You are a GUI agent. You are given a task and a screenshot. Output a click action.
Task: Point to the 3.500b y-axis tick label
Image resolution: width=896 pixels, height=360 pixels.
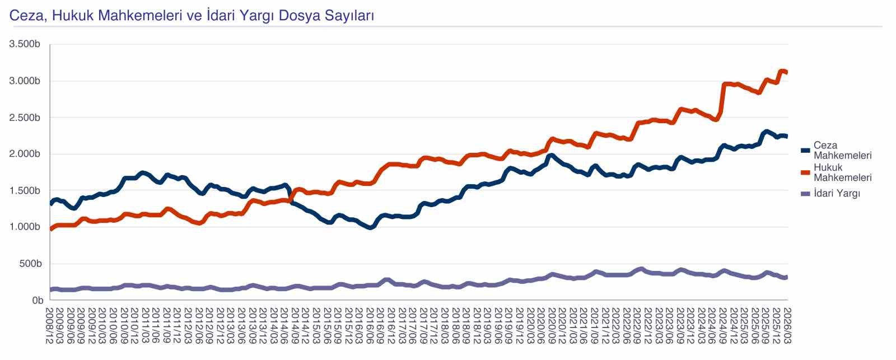[25, 44]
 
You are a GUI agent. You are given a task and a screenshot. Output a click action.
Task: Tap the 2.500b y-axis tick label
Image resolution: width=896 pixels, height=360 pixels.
[25, 118]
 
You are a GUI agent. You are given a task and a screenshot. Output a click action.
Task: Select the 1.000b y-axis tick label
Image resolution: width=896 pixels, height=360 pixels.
[25, 227]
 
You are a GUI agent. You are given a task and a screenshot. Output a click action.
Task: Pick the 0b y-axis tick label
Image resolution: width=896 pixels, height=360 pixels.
[37, 300]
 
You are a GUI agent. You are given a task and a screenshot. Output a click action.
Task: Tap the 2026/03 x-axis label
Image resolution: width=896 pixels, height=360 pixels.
[786, 325]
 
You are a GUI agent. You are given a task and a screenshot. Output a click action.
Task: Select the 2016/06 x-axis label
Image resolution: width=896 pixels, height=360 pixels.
[370, 325]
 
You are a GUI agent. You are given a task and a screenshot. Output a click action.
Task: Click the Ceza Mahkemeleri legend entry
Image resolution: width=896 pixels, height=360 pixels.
[842, 150]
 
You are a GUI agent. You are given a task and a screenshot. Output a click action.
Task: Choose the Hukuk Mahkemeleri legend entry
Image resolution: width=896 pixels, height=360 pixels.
[842, 172]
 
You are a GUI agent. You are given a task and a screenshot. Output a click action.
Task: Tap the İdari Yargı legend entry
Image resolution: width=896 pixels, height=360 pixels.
[836, 194]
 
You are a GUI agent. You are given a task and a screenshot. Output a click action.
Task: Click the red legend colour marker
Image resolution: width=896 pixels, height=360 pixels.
[806, 172]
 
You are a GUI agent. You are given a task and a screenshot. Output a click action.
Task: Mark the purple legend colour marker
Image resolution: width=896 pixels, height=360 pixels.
[806, 194]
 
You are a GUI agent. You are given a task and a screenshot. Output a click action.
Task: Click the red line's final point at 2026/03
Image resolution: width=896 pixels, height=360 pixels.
[786, 72]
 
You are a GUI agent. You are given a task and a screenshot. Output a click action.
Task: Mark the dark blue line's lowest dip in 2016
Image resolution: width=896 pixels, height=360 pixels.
[370, 228]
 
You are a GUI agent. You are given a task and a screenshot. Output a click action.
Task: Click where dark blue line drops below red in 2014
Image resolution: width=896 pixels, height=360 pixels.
[290, 200]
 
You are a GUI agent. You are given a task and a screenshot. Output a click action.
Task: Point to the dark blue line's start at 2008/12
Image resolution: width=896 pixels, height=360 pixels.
[52, 204]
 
